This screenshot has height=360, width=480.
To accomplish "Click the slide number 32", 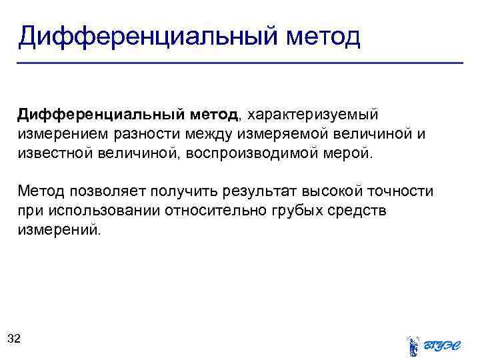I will [x=14, y=339].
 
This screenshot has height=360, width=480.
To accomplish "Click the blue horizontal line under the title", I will [x=240, y=63].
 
